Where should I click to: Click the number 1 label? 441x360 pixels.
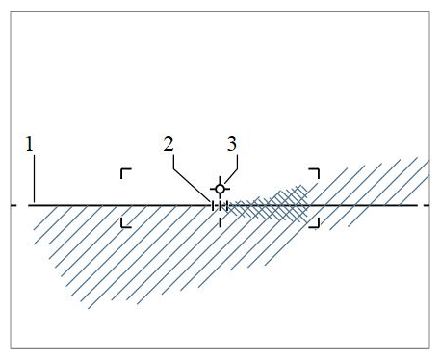[x=30, y=144]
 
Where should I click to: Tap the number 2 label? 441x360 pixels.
[x=169, y=144]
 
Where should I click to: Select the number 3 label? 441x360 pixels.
[x=232, y=144]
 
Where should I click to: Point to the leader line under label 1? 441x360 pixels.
[x=34, y=180]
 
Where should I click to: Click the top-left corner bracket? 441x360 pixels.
[x=125, y=173]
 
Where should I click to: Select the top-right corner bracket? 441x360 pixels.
[x=314, y=173]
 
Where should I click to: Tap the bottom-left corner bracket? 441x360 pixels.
[x=125, y=223]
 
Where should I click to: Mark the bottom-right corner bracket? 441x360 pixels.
[x=314, y=223]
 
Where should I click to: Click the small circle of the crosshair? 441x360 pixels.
[x=220, y=189]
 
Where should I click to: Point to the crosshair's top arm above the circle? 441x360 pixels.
[x=220, y=181]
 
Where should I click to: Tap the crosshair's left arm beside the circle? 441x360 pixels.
[x=213, y=189]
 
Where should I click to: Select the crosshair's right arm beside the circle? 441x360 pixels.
[x=226, y=189]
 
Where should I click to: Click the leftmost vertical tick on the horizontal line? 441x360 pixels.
[x=213, y=205]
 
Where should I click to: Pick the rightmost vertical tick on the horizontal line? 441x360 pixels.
[x=227, y=205]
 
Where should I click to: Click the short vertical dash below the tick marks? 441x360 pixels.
[x=220, y=221]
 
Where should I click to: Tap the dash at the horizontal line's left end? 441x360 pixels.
[x=13, y=205]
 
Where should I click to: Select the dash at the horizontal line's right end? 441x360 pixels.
[x=427, y=205]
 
